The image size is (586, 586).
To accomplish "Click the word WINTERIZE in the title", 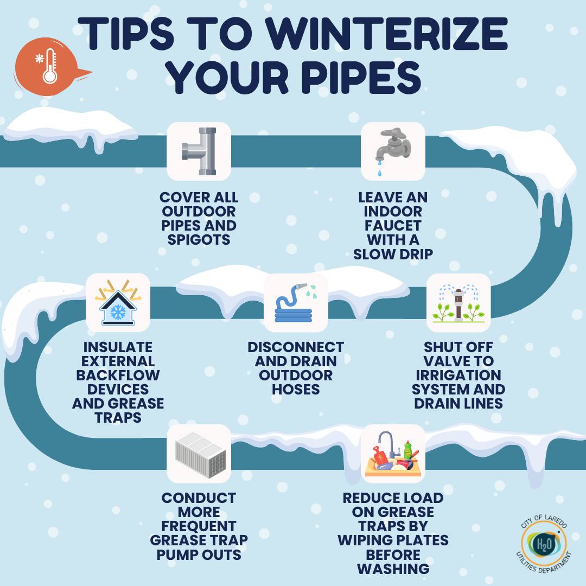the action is [387, 33].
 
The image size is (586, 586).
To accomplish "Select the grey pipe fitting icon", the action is [199, 151].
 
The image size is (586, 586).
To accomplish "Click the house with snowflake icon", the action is [118, 303].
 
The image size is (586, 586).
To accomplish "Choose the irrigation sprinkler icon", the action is [458, 303].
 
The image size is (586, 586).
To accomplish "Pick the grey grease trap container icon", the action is [201, 455].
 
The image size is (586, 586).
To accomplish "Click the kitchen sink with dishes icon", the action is [393, 454].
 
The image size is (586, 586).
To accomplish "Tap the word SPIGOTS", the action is [199, 240].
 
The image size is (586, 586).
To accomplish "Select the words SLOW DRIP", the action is [393, 254].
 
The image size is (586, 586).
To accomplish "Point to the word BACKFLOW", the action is [118, 375].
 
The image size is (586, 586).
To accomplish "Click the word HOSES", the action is [296, 390].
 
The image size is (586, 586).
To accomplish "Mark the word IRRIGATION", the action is [458, 375].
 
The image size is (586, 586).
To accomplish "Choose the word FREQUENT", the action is [199, 526].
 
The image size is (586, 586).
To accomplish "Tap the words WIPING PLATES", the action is [393, 540].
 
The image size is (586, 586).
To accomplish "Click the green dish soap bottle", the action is [407, 449].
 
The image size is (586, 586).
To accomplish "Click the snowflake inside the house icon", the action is [118, 312].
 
